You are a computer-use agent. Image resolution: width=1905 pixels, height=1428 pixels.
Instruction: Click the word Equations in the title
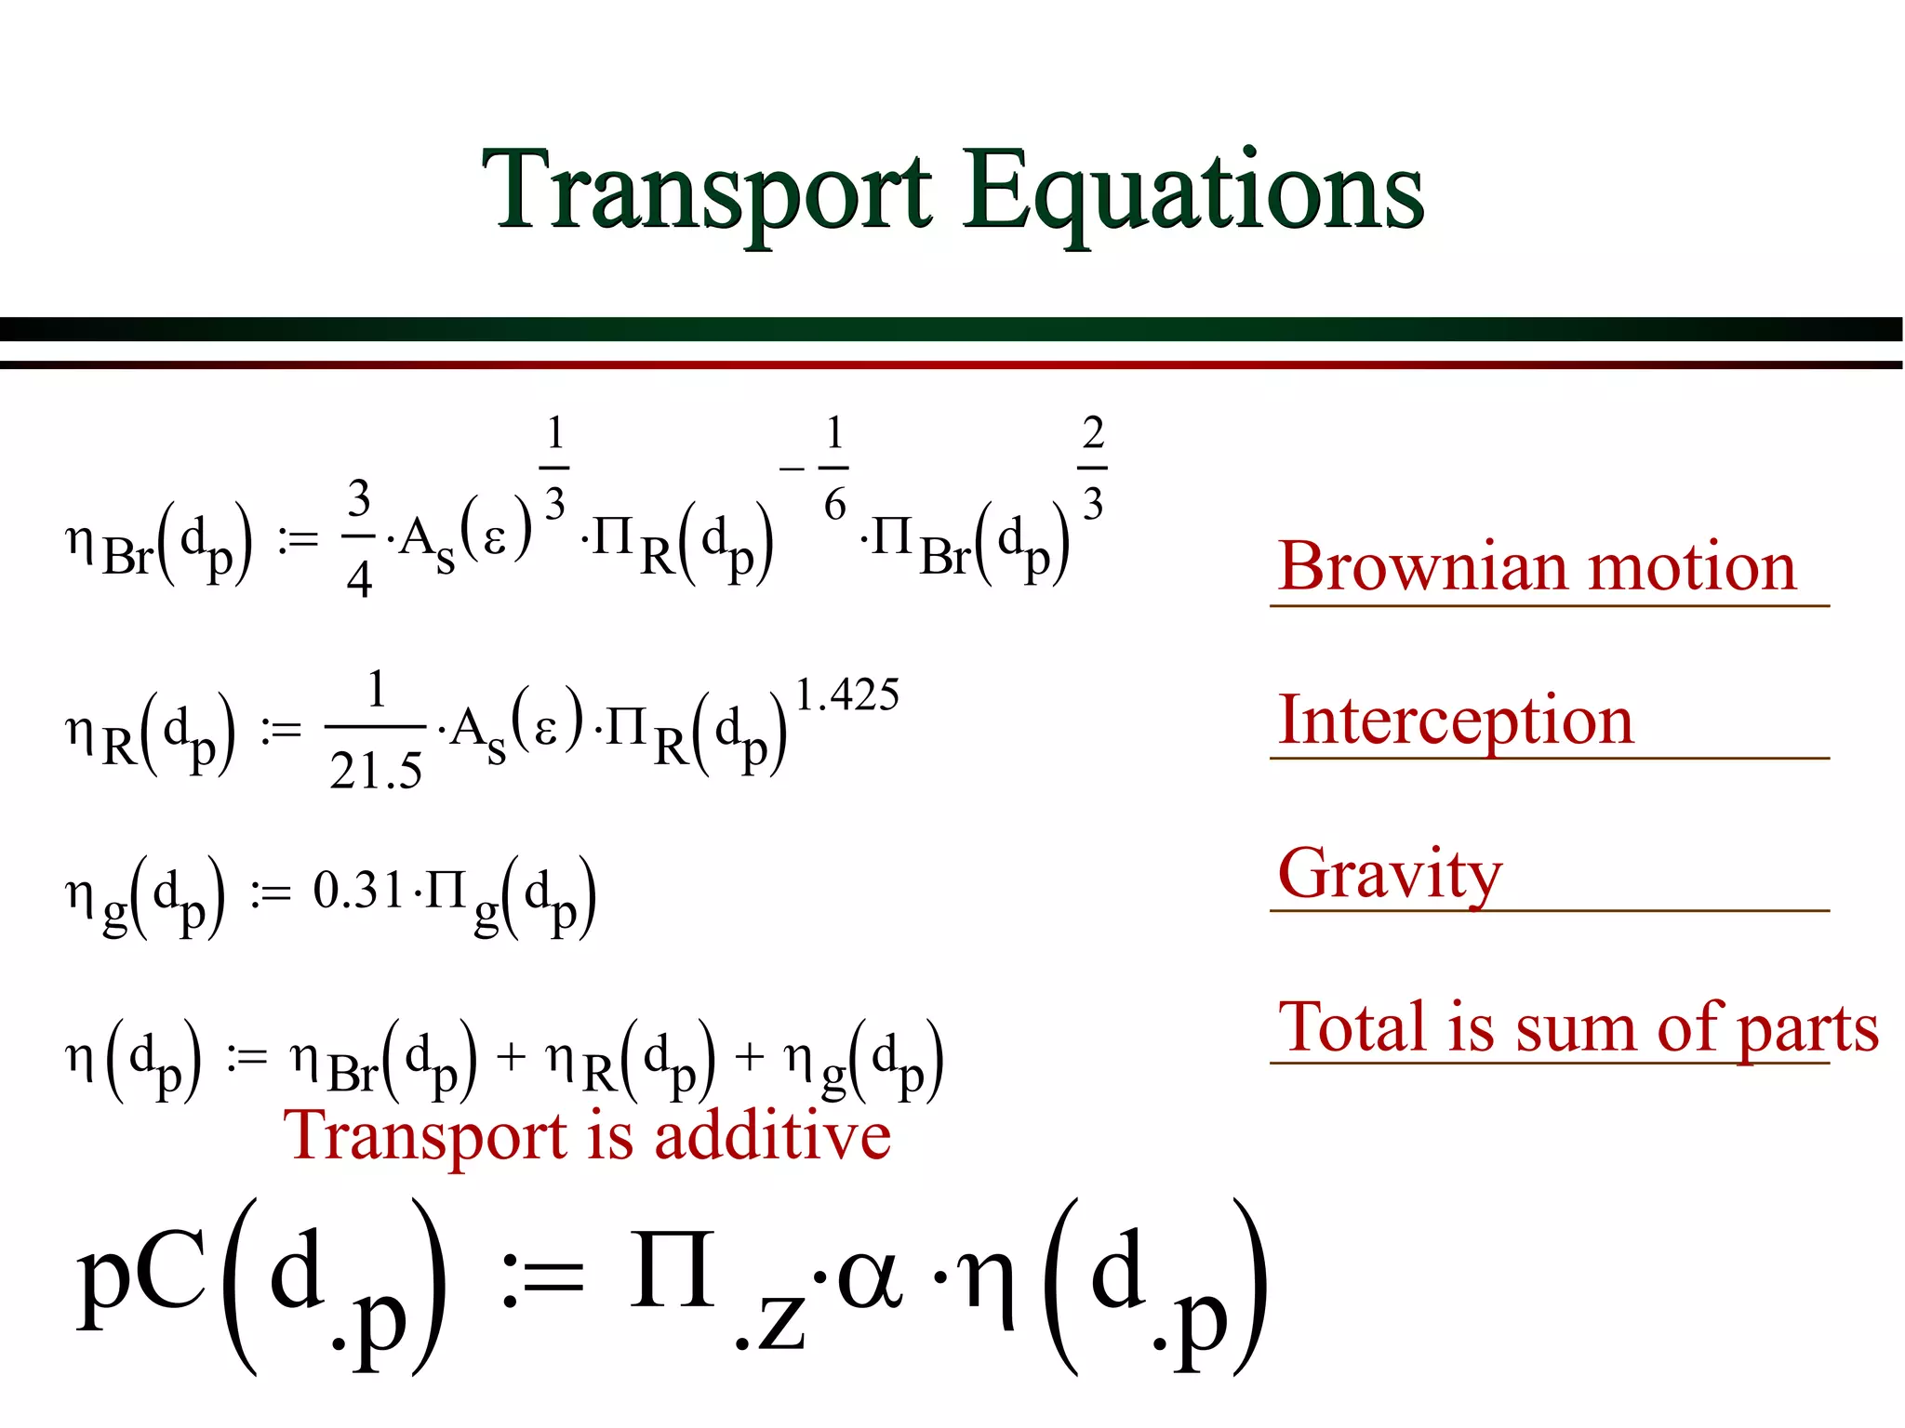1193,193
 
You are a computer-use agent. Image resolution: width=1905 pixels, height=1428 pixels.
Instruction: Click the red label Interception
1456,720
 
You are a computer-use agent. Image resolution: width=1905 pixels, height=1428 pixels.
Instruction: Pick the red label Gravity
1390,874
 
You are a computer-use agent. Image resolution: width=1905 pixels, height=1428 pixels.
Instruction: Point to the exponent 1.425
847,695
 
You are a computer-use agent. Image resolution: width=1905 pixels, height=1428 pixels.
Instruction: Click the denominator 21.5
376,771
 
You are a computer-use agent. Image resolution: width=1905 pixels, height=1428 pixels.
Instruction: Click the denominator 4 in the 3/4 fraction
359,580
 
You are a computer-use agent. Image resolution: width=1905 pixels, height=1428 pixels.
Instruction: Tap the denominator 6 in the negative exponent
834,505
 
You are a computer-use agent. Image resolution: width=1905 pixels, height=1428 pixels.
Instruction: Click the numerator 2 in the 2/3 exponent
1093,433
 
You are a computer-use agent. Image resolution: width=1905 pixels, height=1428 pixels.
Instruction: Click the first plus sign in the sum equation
511,1057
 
